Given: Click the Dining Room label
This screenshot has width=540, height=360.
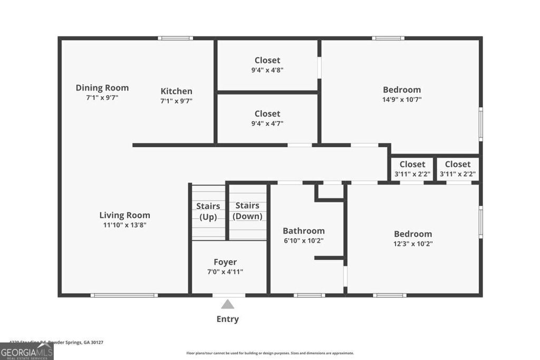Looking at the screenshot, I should [x=102, y=88].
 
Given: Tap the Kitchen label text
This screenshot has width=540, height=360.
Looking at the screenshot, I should [x=176, y=91].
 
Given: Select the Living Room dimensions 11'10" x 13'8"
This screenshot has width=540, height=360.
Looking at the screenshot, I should [x=124, y=225].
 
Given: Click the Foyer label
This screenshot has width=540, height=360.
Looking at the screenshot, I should [x=225, y=262].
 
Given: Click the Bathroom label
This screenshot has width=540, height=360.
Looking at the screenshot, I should [x=303, y=231].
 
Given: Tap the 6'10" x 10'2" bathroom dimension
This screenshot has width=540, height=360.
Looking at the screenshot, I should [x=303, y=241].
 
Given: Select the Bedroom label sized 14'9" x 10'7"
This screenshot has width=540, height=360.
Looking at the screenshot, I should [x=401, y=90].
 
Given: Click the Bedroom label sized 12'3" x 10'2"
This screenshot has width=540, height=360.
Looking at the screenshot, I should [x=413, y=234].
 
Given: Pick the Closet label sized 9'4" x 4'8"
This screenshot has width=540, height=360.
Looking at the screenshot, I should [x=267, y=60].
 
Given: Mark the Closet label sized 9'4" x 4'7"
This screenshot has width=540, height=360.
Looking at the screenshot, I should [x=267, y=114].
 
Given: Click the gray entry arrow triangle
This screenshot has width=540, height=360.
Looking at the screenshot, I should [x=228, y=304].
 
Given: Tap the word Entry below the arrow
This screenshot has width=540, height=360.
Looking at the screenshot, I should [x=228, y=319].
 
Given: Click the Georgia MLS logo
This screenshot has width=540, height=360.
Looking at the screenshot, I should [x=26, y=352].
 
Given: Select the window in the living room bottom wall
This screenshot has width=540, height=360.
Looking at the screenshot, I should [x=124, y=295].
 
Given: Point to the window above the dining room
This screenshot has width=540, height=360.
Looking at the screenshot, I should [x=175, y=38].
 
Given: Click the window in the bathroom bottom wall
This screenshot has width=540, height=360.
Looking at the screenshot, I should [x=309, y=295].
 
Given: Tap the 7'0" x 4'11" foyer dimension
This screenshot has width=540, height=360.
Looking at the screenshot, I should [x=225, y=272].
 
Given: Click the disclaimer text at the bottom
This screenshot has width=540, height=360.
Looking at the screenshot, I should [x=270, y=353].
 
